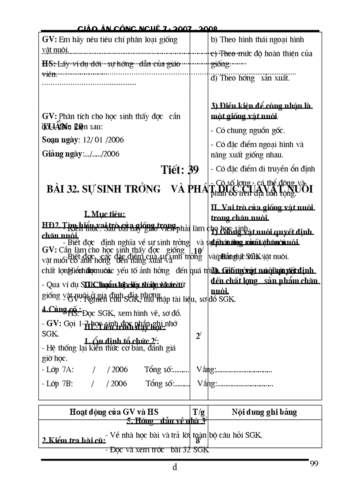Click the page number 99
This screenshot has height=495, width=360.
pyautogui.click(x=314, y=463)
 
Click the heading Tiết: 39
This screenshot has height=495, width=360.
pyautogui.click(x=180, y=170)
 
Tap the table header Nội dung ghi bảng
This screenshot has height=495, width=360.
pyautogui.click(x=264, y=413)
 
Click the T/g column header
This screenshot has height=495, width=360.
pyautogui.click(x=199, y=413)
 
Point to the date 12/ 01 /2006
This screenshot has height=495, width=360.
pyautogui.click(x=101, y=140)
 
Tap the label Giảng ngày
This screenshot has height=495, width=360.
pyautogui.click(x=62, y=154)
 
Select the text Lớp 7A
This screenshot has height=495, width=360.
pyautogui.click(x=58, y=370)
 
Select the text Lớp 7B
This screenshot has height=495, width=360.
pyautogui.click(x=58, y=383)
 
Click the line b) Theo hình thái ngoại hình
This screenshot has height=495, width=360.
pyautogui.click(x=257, y=40)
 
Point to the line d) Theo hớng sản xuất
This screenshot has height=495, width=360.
pyautogui.click(x=250, y=78)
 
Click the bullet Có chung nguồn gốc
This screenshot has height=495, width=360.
pyautogui.click(x=248, y=130)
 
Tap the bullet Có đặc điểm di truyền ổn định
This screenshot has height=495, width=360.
pyautogui.click(x=262, y=169)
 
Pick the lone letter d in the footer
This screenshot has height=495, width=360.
pyautogui.click(x=175, y=467)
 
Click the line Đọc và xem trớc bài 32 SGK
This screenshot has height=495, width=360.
pyautogui.click(x=157, y=450)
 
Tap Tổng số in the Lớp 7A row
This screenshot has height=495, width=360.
pyautogui.click(x=158, y=370)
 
